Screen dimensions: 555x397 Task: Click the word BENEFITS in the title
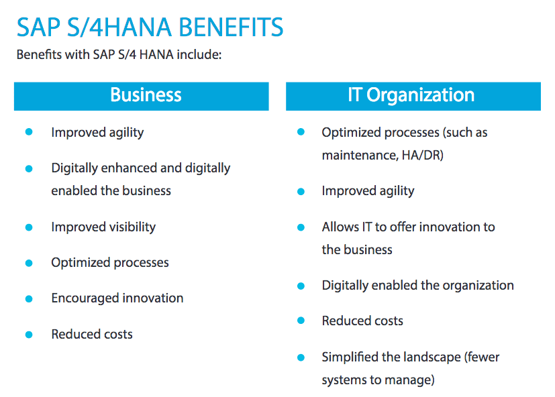pyautogui.click(x=231, y=27)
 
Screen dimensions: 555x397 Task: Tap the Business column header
pyautogui.click(x=141, y=97)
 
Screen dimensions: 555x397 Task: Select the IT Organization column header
pyautogui.click(x=413, y=97)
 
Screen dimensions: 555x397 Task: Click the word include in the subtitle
pyautogui.click(x=199, y=55)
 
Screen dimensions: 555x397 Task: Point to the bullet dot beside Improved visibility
pyautogui.click(x=29, y=227)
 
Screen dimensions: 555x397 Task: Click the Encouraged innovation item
pyautogui.click(x=117, y=298)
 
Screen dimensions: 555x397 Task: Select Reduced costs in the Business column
pyautogui.click(x=92, y=335)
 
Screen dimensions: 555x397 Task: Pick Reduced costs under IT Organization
pyautogui.click(x=362, y=321)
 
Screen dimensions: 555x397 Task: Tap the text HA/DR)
pyautogui.click(x=423, y=156)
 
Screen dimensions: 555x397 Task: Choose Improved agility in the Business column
pyautogui.click(x=97, y=133)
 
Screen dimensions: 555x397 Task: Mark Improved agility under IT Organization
pyautogui.click(x=368, y=191)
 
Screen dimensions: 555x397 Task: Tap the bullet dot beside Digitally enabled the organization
pyautogui.click(x=301, y=286)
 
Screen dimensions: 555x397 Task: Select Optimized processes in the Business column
pyautogui.click(x=110, y=263)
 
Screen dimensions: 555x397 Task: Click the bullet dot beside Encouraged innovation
pyautogui.click(x=29, y=299)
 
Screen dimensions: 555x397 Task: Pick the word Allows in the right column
pyautogui.click(x=340, y=227)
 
